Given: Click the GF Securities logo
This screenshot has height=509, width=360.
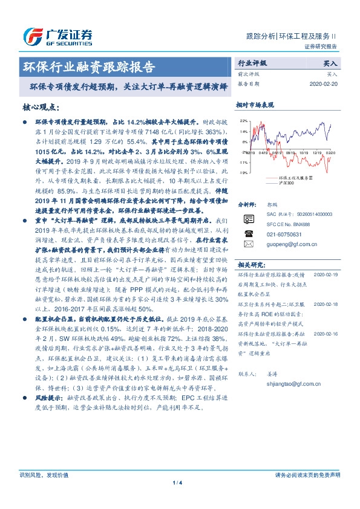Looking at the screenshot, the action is click(57, 36).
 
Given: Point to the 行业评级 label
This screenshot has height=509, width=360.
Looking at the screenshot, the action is click(252, 63).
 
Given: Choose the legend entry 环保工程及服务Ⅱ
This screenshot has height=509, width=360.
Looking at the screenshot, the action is click(295, 178).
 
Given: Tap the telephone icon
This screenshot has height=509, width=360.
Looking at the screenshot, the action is click(247, 232).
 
